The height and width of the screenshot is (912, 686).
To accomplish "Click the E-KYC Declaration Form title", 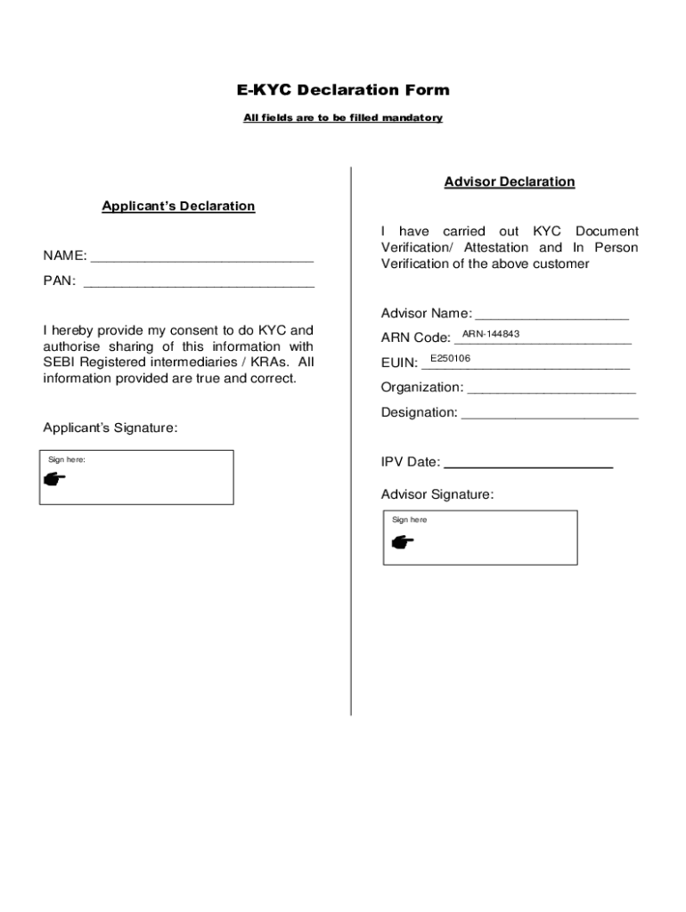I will click(x=343, y=90).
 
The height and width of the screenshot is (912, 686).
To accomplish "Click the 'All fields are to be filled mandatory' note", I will click(x=343, y=118).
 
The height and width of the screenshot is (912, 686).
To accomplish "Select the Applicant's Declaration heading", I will click(x=178, y=206).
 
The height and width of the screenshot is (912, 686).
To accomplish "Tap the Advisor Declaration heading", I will click(x=510, y=182).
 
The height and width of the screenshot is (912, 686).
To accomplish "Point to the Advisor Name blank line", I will click(x=551, y=315).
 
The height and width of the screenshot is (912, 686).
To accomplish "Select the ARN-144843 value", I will click(x=491, y=334).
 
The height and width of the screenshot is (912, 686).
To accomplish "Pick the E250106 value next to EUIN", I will click(x=450, y=358).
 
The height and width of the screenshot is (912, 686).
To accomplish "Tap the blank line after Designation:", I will click(x=550, y=414).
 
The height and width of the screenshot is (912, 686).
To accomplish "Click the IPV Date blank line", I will click(x=527, y=465).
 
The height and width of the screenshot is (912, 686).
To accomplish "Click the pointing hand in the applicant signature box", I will click(x=54, y=479).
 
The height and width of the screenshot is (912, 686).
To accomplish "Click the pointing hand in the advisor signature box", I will click(x=403, y=541).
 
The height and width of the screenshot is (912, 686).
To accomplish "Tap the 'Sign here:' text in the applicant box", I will click(x=67, y=460).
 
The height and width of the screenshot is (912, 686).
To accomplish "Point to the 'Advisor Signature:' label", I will click(x=437, y=494).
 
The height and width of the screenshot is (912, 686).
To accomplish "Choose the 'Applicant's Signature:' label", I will click(x=110, y=427).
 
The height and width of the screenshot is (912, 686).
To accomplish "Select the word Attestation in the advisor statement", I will click(x=495, y=248).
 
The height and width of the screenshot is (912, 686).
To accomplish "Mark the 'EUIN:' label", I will click(x=399, y=362).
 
